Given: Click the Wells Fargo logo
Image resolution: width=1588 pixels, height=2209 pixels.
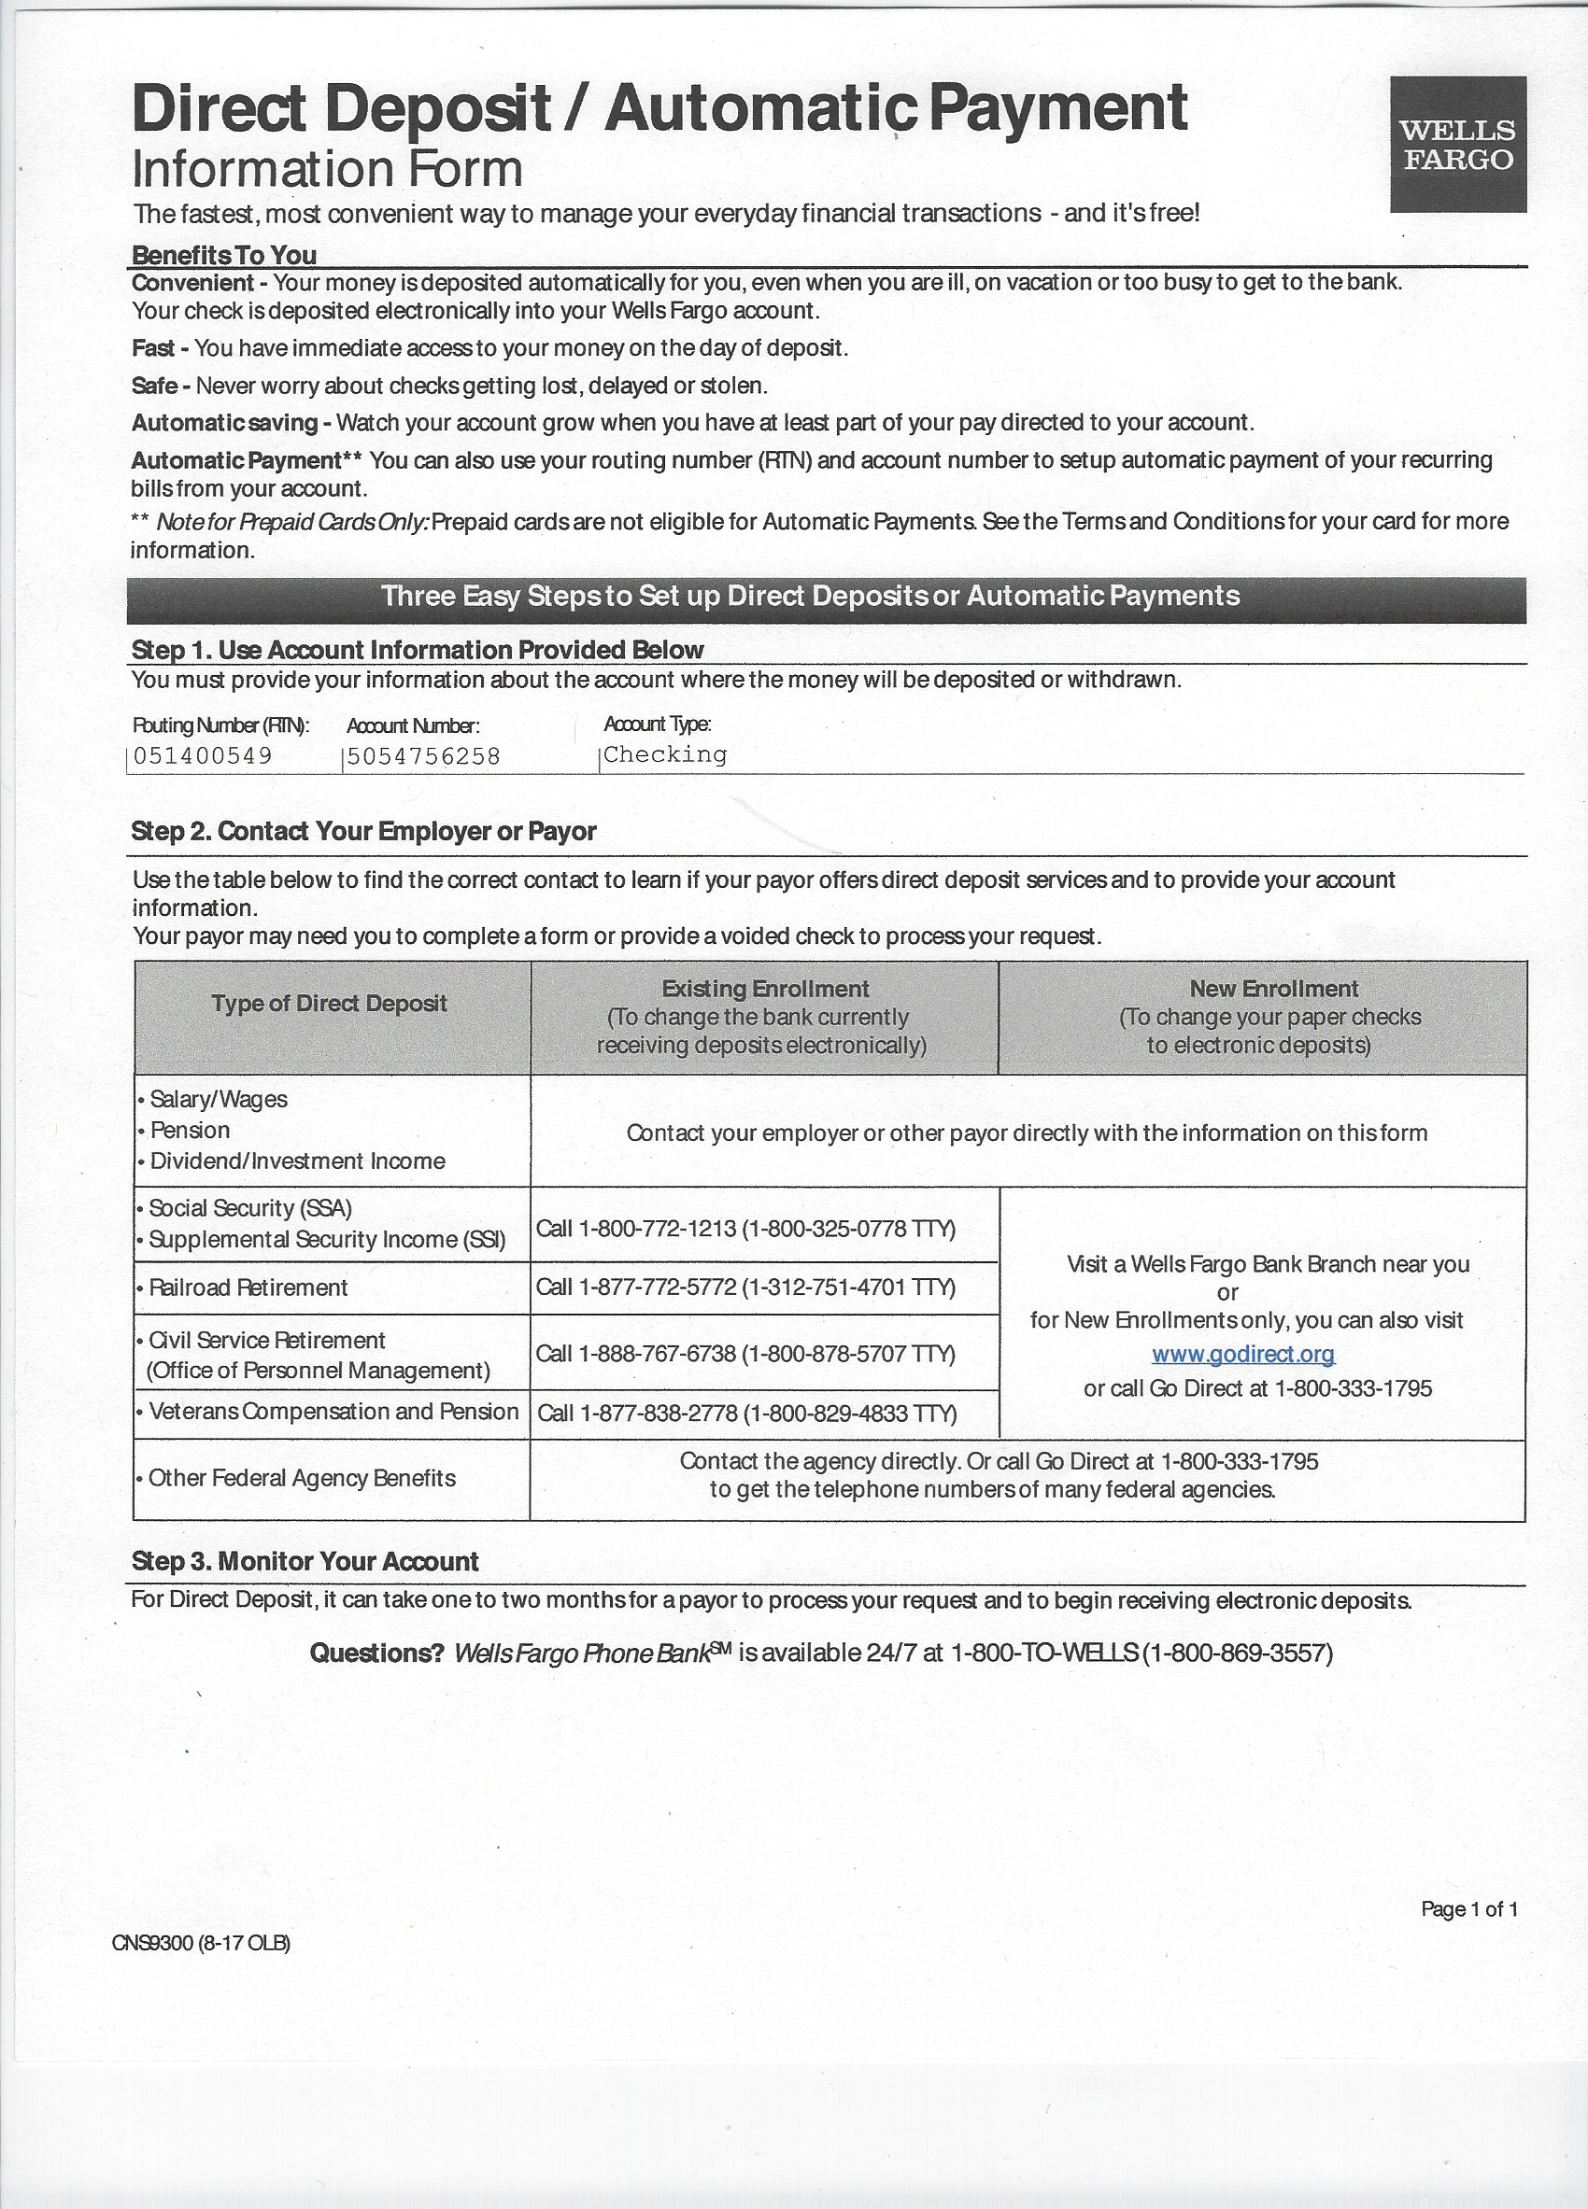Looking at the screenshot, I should (x=1457, y=144).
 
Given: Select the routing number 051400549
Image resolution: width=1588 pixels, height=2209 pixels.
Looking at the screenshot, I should (x=203, y=756).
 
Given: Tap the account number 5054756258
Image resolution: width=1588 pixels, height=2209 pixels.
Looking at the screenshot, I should (x=424, y=756).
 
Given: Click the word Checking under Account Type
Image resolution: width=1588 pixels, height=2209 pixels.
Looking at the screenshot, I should (x=665, y=753).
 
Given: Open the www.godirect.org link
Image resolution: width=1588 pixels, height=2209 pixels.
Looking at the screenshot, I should (x=1243, y=1354).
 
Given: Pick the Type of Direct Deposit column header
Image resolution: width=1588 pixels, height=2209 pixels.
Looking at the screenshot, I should (x=330, y=1004).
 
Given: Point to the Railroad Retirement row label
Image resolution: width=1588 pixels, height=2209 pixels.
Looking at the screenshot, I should (x=248, y=1287).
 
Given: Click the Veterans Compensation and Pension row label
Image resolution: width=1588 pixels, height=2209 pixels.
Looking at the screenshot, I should (x=333, y=1412).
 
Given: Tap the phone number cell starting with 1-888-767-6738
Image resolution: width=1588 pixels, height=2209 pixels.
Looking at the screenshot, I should (x=745, y=1354).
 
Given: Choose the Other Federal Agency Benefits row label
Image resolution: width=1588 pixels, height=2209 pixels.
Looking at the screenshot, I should (x=302, y=1478).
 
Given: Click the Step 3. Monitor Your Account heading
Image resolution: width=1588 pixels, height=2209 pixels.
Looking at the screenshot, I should (x=305, y=1561).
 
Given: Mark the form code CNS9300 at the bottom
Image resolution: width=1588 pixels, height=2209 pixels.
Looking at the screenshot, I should (x=201, y=1943).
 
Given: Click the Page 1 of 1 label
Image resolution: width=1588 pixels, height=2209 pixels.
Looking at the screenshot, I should (x=1469, y=1909).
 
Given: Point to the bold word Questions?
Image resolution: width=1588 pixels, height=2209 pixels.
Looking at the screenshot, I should (x=377, y=1653).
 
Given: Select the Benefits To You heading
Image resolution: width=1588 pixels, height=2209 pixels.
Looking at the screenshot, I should (x=224, y=255).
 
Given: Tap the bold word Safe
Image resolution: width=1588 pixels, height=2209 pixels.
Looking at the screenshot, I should (x=154, y=386).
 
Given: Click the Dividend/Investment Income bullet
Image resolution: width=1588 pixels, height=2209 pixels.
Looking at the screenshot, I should (x=297, y=1161).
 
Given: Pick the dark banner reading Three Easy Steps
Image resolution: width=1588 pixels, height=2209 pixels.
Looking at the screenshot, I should (x=826, y=596).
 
